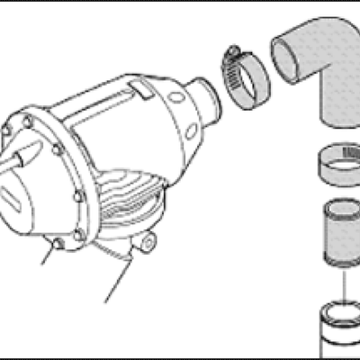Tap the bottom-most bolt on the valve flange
click(x=58, y=244)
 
